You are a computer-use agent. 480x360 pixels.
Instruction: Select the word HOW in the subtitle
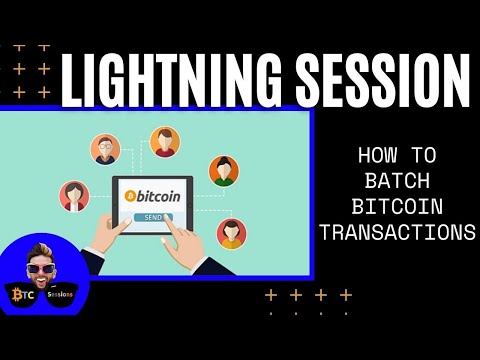point(379,156)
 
